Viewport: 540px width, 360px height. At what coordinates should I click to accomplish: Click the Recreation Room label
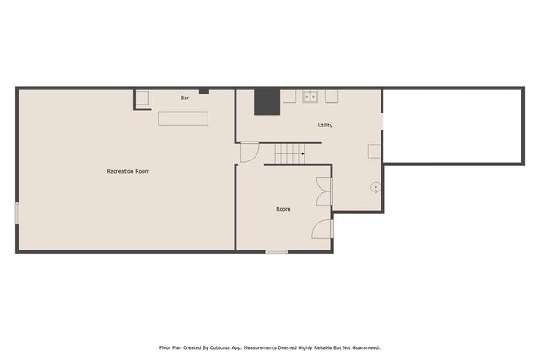point(128,171)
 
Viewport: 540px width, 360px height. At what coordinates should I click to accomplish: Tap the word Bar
point(185,99)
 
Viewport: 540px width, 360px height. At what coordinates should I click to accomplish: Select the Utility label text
point(325,125)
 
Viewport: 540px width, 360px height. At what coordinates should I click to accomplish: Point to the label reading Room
point(283,208)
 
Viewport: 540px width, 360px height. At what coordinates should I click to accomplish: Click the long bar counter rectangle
point(183,119)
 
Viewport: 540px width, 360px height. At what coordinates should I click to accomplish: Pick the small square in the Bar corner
point(143,99)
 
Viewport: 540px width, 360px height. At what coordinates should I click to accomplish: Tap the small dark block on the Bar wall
point(203,91)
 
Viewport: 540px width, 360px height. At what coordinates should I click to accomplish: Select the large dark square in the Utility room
point(267,101)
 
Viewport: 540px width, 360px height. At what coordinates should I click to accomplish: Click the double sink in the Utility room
point(310,96)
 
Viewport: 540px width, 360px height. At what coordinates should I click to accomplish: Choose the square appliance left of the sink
point(289,96)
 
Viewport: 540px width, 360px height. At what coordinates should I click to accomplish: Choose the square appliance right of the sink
point(332,96)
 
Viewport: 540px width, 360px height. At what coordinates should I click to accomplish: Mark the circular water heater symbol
point(375,187)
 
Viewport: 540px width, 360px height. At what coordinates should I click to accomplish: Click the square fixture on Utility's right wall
point(374,151)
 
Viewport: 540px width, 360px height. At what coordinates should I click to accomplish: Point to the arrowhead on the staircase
point(302,153)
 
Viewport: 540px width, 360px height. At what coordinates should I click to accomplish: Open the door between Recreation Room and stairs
point(248,153)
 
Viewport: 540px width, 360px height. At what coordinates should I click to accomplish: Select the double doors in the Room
point(323,191)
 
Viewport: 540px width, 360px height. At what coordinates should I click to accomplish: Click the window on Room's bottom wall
point(276,251)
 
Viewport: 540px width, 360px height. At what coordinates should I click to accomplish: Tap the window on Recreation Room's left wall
point(17,213)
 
